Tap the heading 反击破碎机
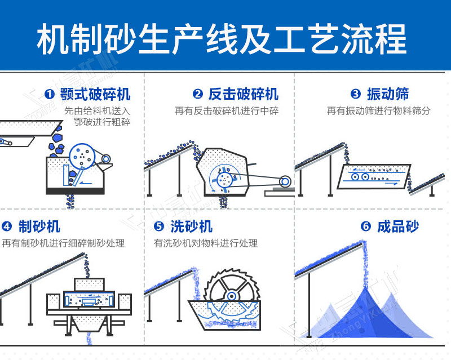[243, 94]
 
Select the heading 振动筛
[388, 94]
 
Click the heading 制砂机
[39, 226]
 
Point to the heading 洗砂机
[191, 226]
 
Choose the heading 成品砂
[398, 226]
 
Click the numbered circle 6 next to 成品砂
[366, 227]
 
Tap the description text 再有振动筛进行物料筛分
[378, 111]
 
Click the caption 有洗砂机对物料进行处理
[206, 243]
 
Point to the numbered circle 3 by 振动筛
[355, 94]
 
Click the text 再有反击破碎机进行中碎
[227, 111]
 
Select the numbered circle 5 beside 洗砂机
[159, 227]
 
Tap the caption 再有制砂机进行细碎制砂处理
[63, 243]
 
